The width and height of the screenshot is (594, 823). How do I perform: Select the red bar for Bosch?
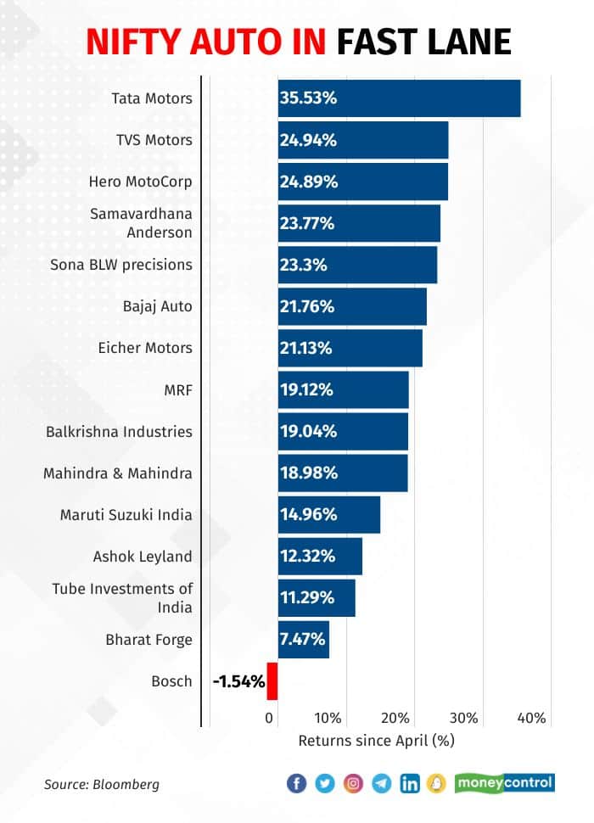tap(272, 680)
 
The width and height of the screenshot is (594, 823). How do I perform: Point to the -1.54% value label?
tap(238, 680)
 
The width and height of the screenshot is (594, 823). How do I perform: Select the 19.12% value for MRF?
tap(308, 389)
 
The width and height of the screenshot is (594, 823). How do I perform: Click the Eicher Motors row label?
tap(146, 348)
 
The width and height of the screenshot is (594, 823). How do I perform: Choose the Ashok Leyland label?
tap(143, 557)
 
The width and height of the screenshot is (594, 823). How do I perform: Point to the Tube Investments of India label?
tap(122, 597)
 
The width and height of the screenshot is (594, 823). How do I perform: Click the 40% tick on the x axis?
tap(531, 719)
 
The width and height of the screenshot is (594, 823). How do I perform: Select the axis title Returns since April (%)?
tap(377, 741)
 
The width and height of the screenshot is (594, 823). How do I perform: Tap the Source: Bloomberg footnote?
tap(101, 784)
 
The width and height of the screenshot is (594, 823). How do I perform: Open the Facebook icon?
tap(297, 784)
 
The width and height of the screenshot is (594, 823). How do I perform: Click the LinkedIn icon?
tap(410, 784)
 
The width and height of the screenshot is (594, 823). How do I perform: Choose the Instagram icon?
tap(353, 784)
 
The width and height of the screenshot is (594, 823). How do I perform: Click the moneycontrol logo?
tap(505, 782)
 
